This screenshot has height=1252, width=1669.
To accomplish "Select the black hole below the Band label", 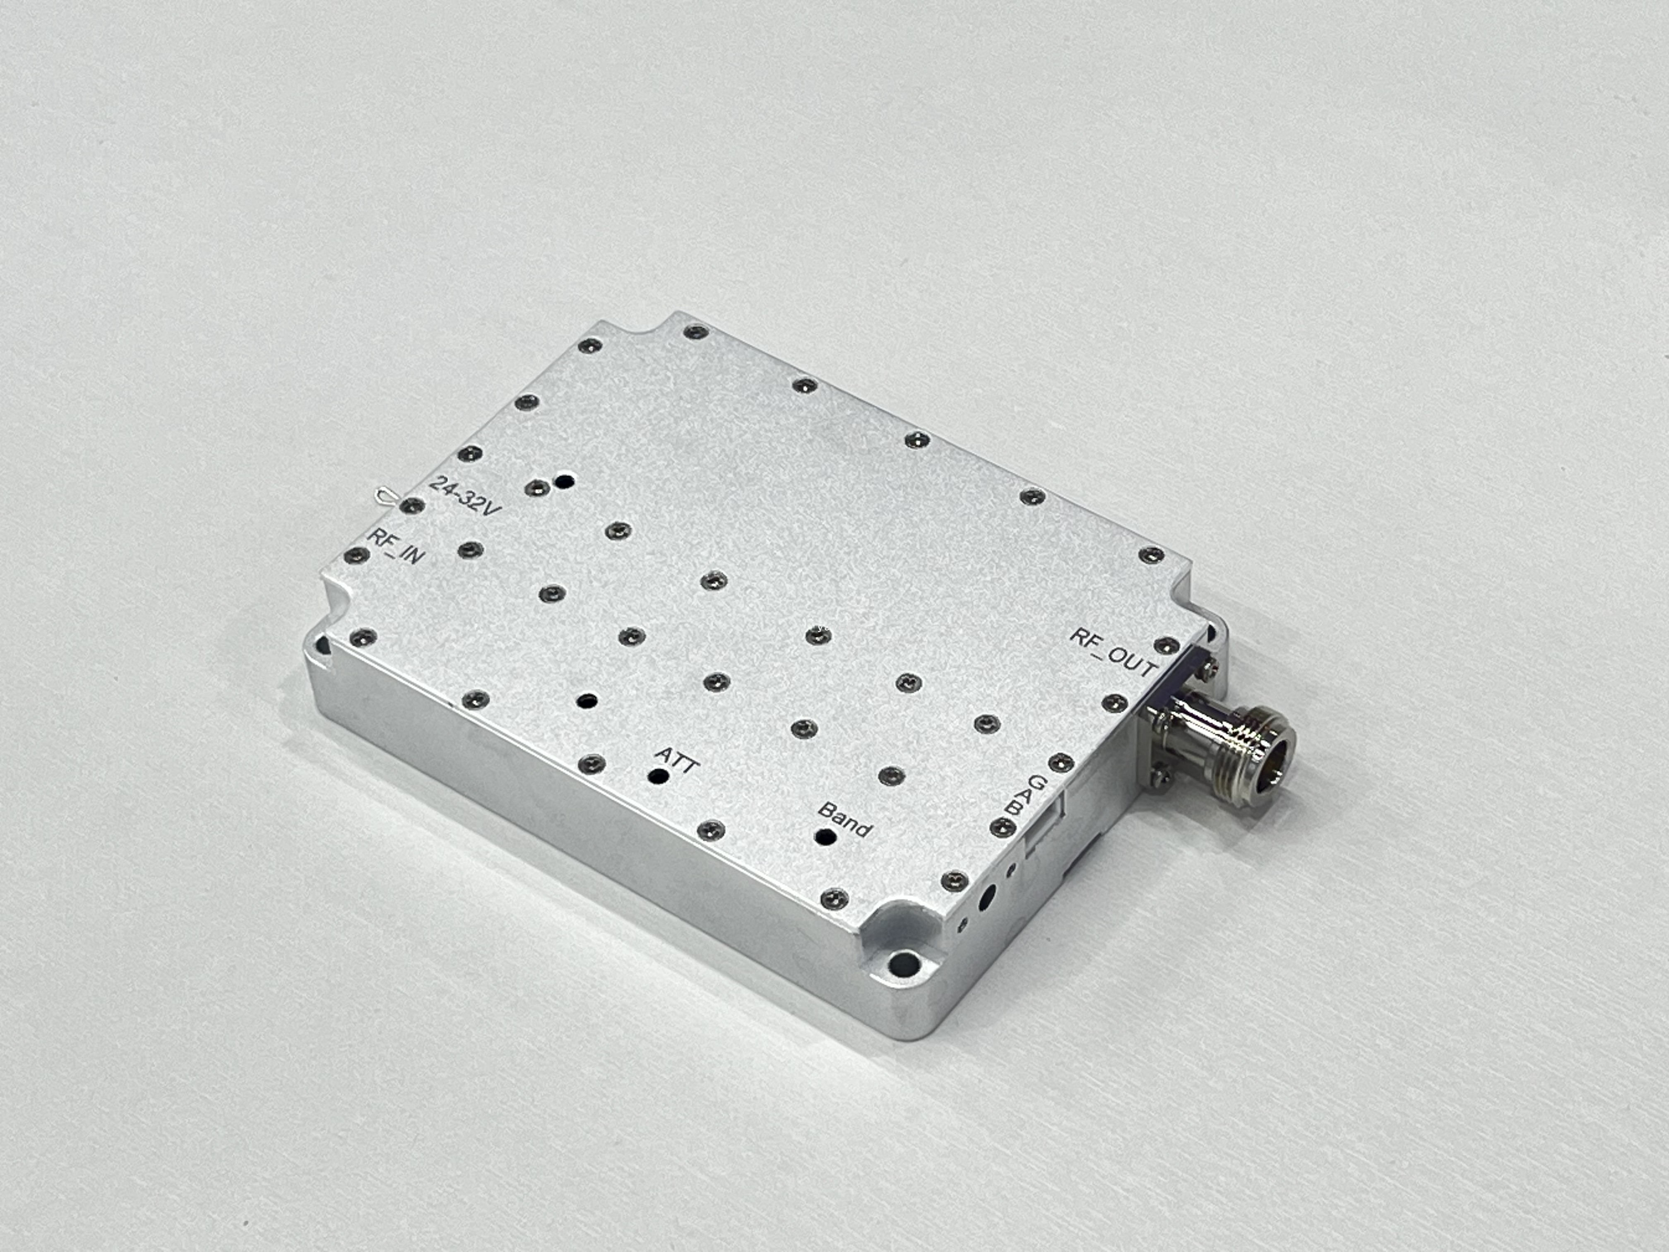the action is (826, 837).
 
